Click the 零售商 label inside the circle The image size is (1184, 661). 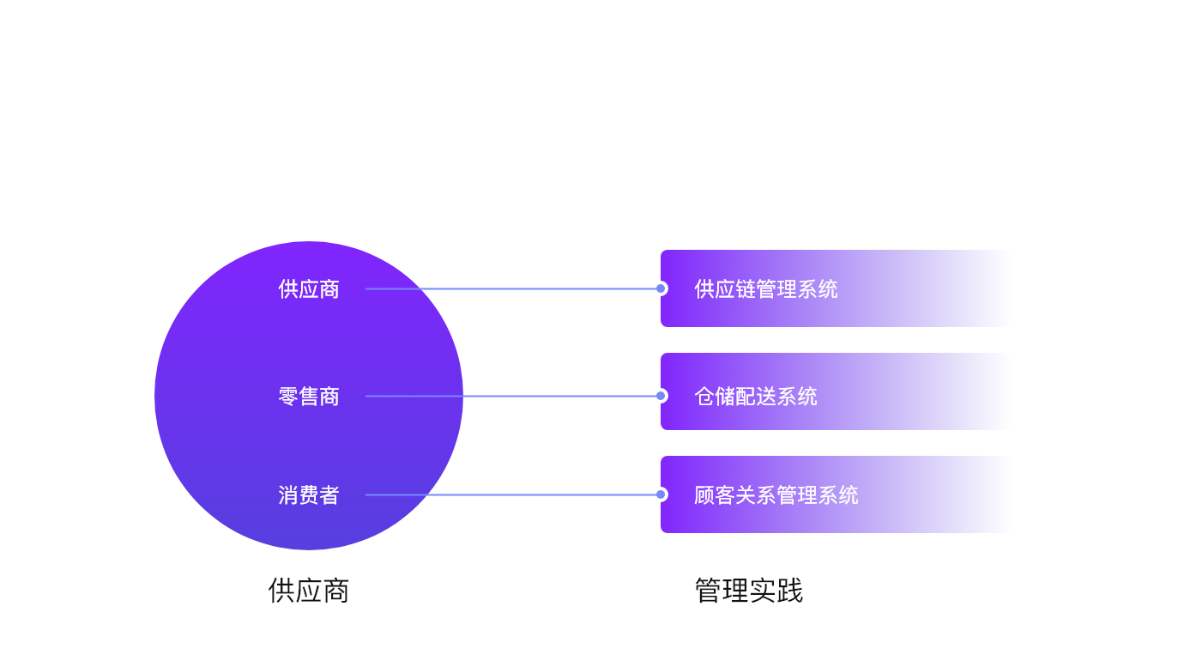(309, 397)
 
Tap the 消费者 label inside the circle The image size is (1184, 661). (309, 495)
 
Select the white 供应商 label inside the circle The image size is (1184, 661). (309, 289)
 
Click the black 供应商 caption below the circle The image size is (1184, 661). (309, 591)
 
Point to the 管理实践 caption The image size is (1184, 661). (748, 591)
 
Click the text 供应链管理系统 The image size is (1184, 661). (765, 289)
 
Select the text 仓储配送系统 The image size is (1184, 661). (755, 397)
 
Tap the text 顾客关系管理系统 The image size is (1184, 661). (776, 495)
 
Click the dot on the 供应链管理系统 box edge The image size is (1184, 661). (661, 288)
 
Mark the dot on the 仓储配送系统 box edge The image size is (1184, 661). (661, 396)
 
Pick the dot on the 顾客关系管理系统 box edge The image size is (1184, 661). (661, 494)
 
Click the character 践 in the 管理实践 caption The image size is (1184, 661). (789, 591)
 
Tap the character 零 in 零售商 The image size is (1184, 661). (288, 397)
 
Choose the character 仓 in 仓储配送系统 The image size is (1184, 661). (704, 397)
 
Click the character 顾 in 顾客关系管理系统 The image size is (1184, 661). (704, 495)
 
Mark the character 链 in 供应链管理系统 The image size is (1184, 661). (746, 289)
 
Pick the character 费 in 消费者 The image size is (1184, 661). (309, 495)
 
